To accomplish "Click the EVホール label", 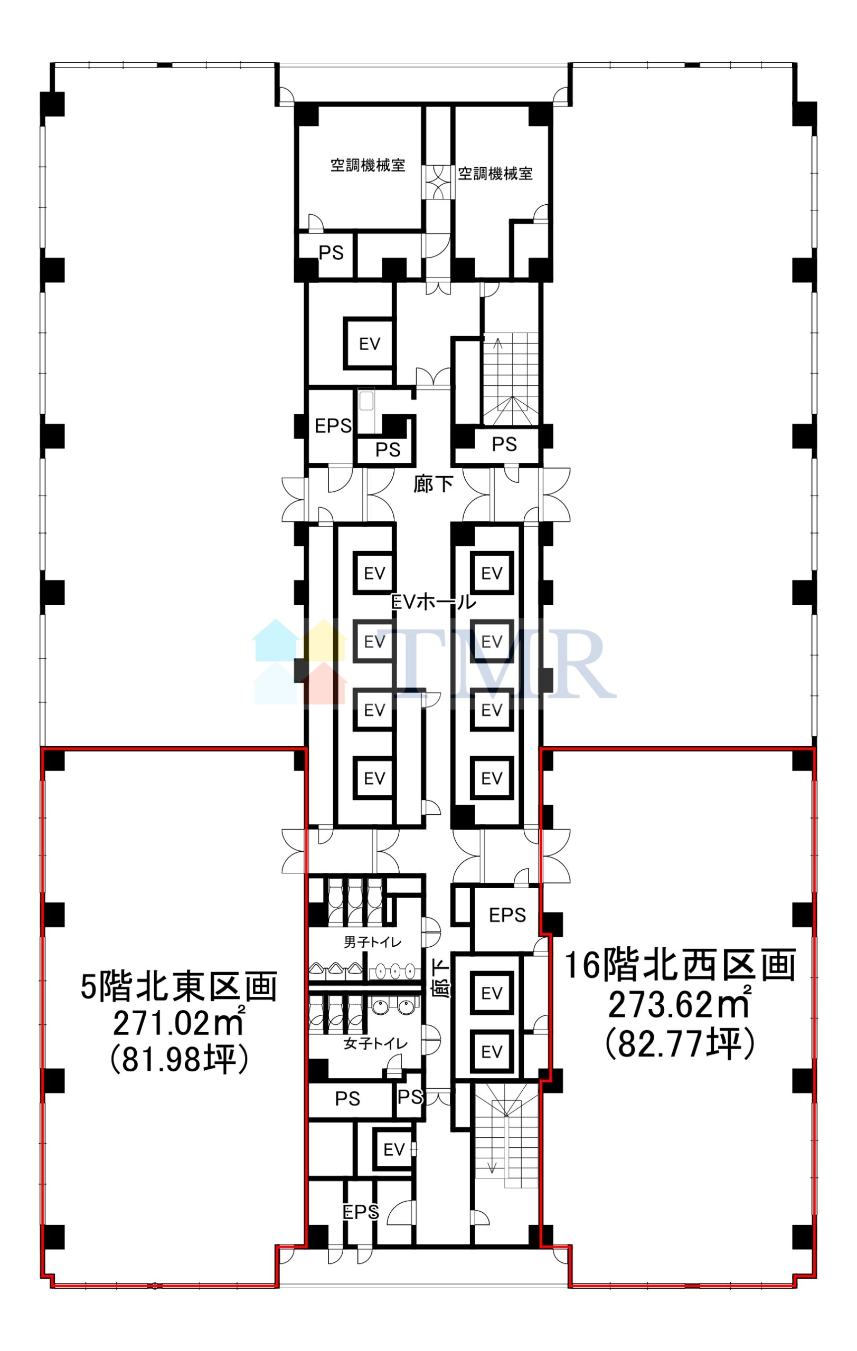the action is point(434,602).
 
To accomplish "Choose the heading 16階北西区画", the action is point(680,965).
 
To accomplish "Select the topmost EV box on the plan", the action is point(369,344).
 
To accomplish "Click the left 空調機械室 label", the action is point(368,166).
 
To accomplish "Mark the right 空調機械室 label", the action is point(495,174).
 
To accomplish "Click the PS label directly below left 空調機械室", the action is point(331,253).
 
